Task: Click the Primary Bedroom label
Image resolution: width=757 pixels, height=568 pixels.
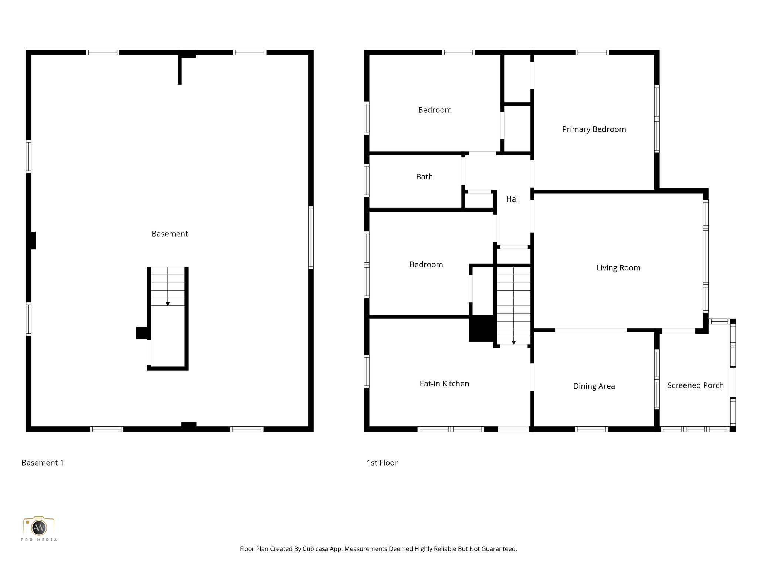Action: (594, 129)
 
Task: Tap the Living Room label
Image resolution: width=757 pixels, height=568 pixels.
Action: (618, 268)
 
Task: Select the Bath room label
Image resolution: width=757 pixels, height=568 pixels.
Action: (424, 177)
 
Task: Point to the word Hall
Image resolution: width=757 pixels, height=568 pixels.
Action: (513, 199)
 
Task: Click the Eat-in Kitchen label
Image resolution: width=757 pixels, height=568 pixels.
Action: (444, 384)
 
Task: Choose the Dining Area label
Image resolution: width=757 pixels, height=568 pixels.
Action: (594, 386)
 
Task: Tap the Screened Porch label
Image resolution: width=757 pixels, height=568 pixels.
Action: (695, 385)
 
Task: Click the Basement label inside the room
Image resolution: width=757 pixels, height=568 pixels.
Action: (170, 234)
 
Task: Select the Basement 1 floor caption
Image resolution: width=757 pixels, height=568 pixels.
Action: (43, 463)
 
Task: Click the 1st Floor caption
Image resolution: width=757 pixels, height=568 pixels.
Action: (382, 463)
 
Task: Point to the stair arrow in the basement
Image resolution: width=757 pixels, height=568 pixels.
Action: (168, 304)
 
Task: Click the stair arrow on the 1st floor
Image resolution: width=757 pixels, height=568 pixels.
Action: (513, 342)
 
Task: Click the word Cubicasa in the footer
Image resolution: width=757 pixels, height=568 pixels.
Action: (316, 549)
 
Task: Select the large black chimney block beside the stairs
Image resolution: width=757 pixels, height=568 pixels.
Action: (481, 328)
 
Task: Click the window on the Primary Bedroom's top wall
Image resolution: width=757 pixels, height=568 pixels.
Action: (592, 53)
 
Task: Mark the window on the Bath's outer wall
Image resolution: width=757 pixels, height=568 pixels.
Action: (367, 180)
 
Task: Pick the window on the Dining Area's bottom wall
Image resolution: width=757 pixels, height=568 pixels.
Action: (591, 429)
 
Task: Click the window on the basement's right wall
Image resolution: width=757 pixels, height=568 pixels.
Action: (311, 237)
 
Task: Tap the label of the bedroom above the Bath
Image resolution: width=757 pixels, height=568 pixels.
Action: (435, 110)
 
